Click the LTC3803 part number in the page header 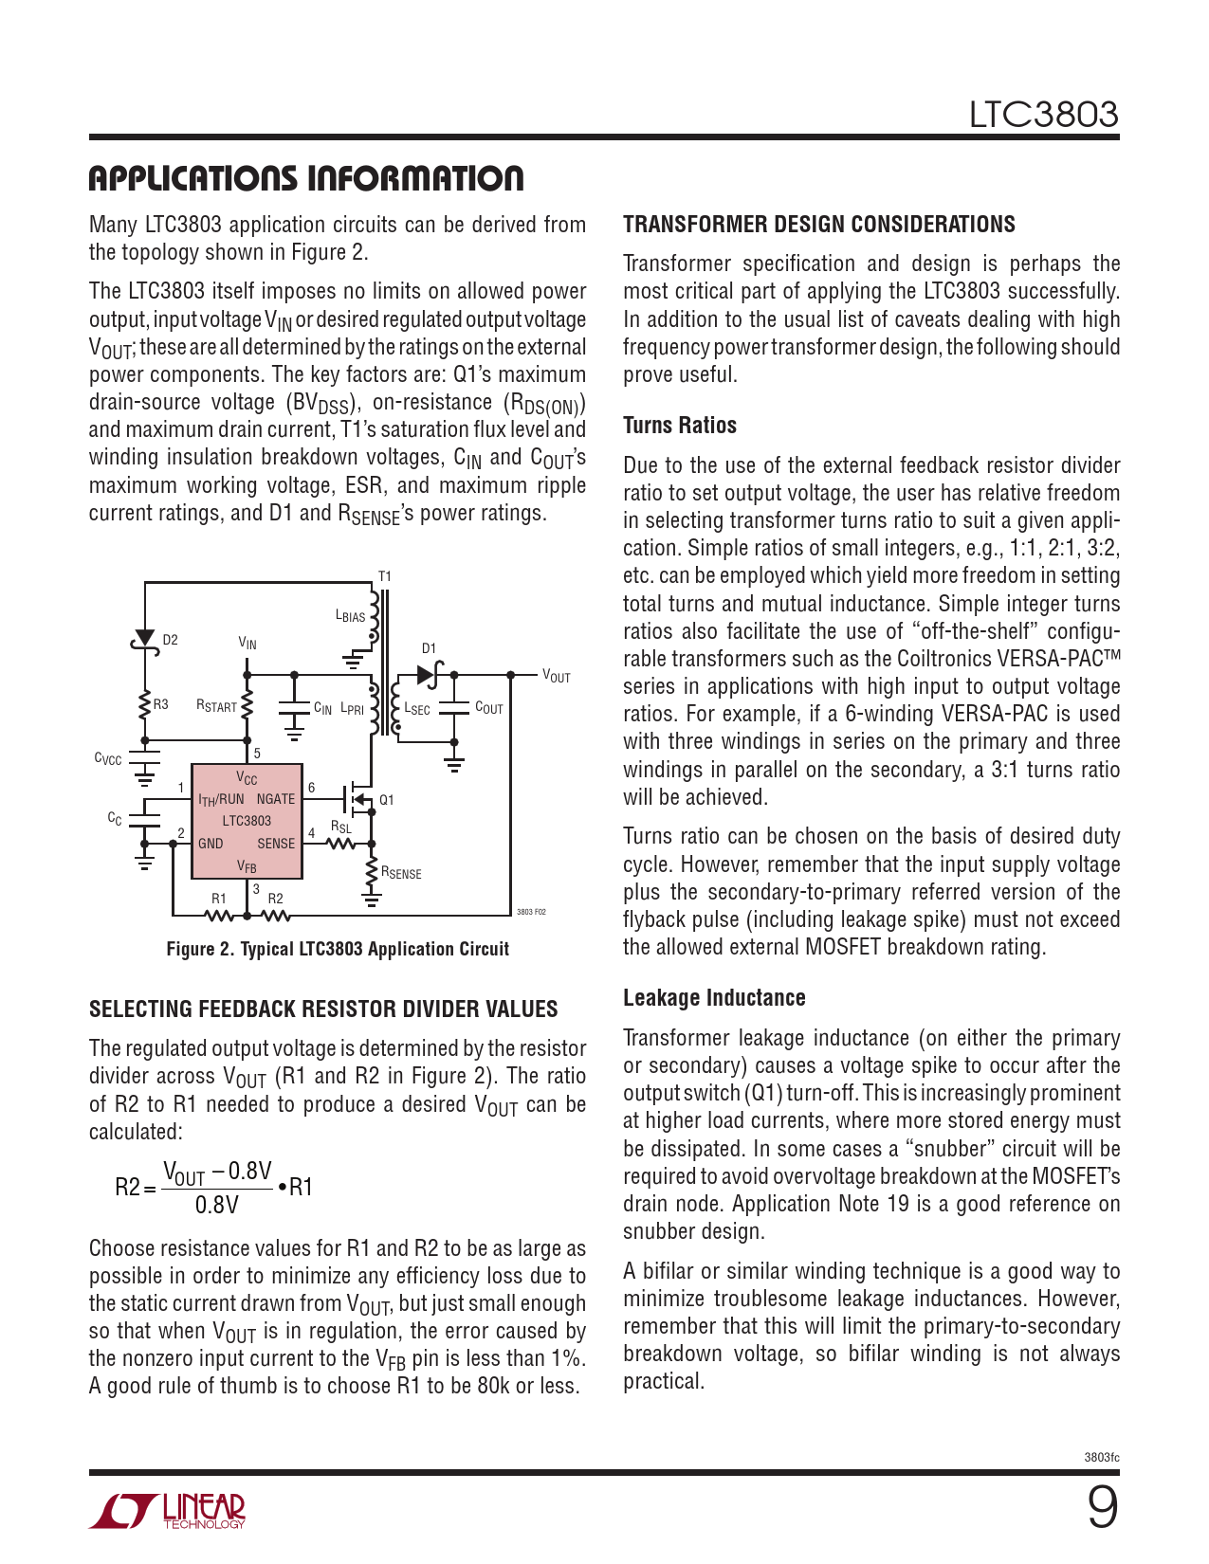click(1042, 115)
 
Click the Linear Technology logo click(168, 1511)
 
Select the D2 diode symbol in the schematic click(144, 640)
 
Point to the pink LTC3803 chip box click(247, 821)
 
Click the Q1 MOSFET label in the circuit click(386, 800)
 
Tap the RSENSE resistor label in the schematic click(401, 873)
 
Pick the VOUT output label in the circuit click(556, 676)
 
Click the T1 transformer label click(384, 576)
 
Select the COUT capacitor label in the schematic click(488, 708)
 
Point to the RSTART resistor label click(216, 706)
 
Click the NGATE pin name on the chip click(276, 799)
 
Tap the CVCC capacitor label click(107, 758)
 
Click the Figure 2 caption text click(338, 949)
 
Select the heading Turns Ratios click(679, 426)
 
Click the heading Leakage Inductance click(714, 998)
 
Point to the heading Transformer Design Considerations click(818, 225)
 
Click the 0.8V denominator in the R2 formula click(216, 1205)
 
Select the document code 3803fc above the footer click(1101, 1457)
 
